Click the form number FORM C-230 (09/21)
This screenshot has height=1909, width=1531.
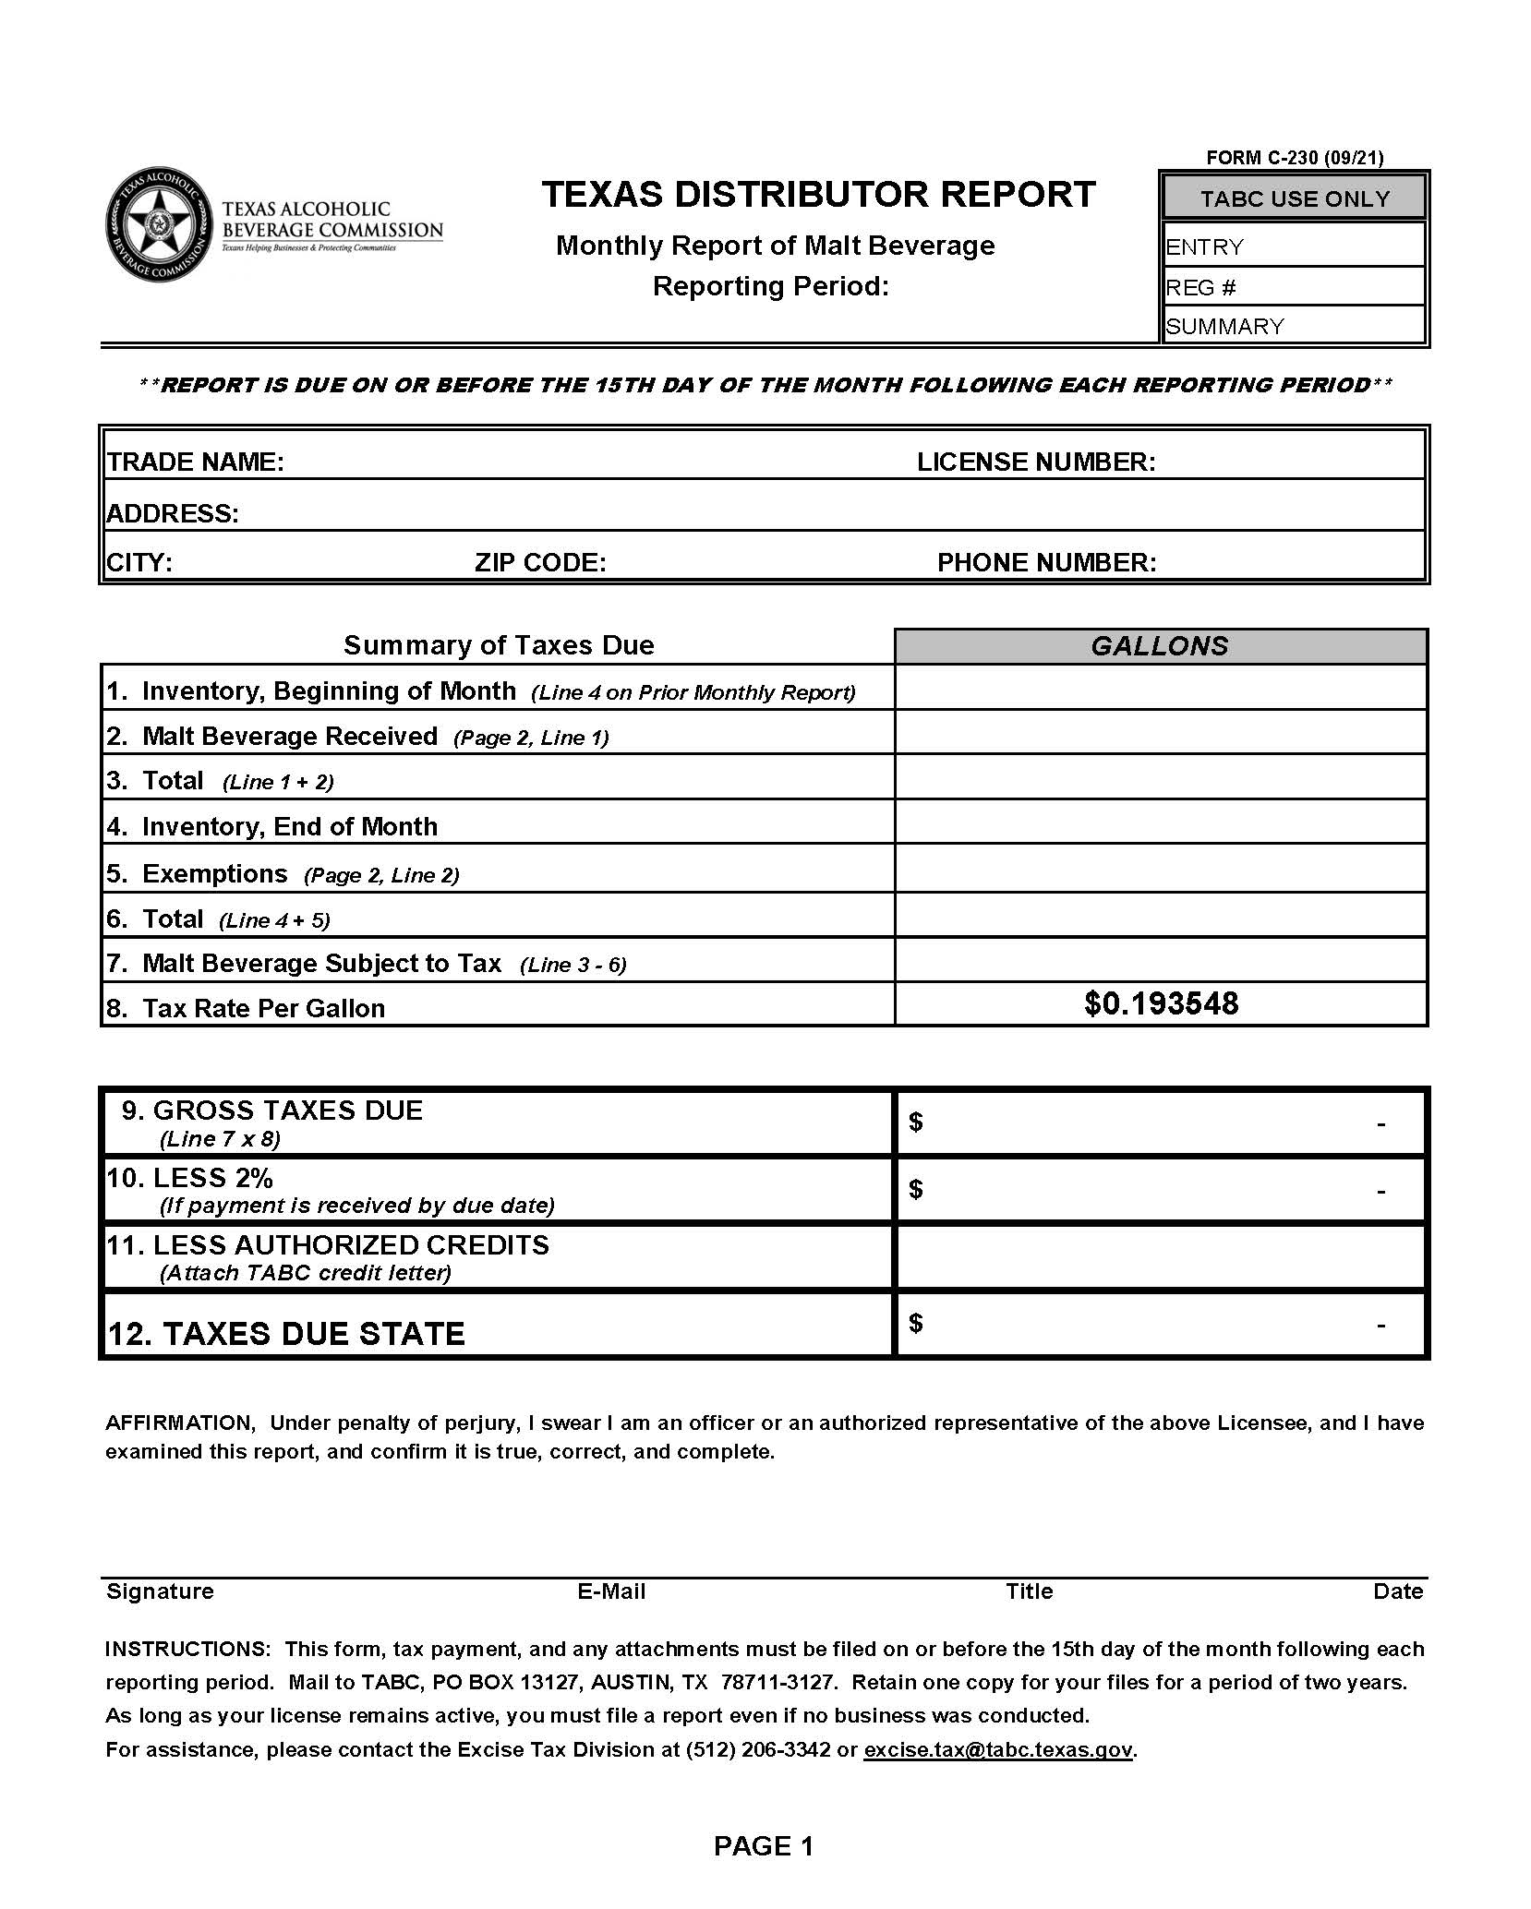(1295, 158)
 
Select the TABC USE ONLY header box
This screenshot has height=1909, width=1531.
(1295, 198)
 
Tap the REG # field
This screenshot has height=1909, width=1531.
(1295, 287)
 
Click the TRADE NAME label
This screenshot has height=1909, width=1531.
(196, 462)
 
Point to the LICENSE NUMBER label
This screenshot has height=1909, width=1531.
(1036, 462)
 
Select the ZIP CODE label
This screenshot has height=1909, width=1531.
(540, 562)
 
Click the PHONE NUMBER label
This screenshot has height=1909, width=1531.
(1046, 562)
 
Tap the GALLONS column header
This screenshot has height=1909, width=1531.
(1160, 646)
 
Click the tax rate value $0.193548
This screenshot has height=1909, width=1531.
(1161, 1003)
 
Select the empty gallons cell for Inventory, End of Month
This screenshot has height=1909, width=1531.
(1161, 822)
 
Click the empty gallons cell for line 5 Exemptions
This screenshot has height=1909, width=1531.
(1161, 868)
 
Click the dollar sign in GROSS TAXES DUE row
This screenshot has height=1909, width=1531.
(915, 1122)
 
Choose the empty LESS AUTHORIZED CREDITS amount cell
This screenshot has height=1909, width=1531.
(1161, 1256)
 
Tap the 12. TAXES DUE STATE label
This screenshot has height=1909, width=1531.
(286, 1333)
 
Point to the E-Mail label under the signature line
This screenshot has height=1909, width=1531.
(611, 1591)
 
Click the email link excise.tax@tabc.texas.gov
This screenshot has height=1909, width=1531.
(997, 1749)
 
